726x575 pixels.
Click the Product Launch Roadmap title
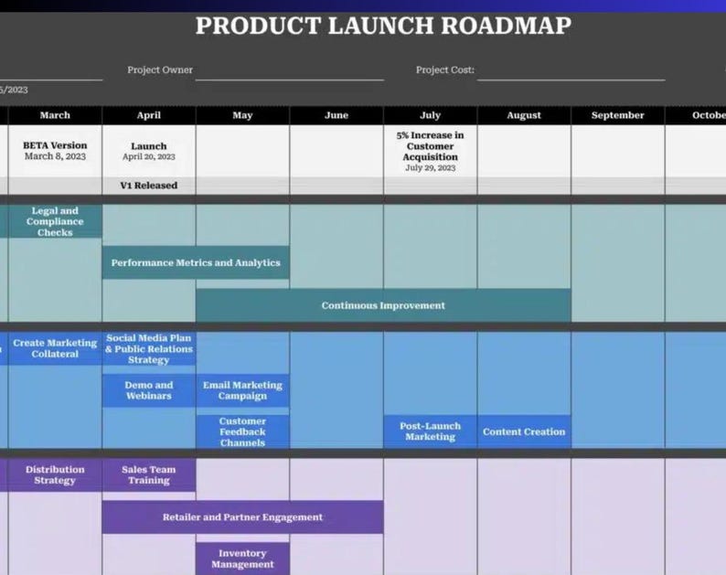[x=383, y=26]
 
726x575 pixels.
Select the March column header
[x=55, y=115]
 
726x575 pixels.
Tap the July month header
[x=430, y=115]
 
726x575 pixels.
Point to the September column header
[x=617, y=115]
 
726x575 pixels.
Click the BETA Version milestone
[x=55, y=150]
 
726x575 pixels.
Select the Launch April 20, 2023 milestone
[x=149, y=151]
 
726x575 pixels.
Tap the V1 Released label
[x=149, y=186]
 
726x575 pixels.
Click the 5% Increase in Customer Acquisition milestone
[x=430, y=151]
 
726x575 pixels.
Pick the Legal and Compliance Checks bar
[x=55, y=221]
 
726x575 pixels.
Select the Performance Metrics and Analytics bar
[x=196, y=262]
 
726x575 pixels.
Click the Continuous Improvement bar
[x=383, y=305]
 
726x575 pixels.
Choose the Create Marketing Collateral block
[x=55, y=348]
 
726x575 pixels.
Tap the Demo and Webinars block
[x=149, y=390]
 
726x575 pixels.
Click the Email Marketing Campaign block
[x=242, y=390]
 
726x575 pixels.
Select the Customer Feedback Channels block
[x=242, y=431]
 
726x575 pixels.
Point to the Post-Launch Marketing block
[x=430, y=431]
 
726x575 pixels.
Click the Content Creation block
[x=524, y=431]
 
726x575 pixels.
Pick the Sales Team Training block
[x=149, y=474]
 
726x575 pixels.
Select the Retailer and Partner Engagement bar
[x=242, y=517]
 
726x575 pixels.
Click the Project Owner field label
[x=160, y=69]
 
